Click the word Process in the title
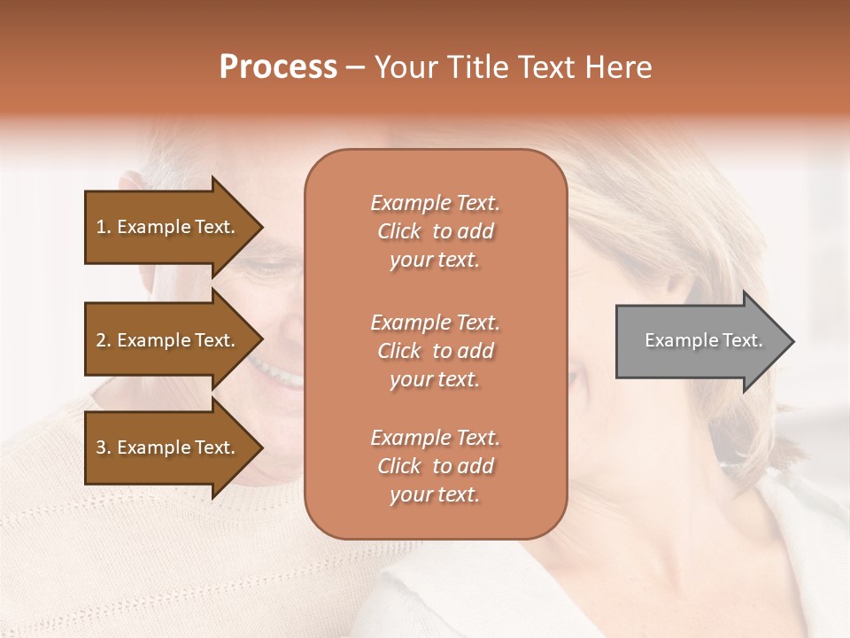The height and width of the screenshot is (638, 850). tap(278, 67)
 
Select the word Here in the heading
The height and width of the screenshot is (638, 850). tap(619, 67)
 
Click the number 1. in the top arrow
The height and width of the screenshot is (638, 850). tap(104, 228)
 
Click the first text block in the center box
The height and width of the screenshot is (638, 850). tap(435, 231)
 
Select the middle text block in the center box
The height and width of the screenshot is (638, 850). tap(435, 351)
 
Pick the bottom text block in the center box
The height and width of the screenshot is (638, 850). tap(435, 466)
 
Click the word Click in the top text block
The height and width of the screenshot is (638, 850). tap(399, 231)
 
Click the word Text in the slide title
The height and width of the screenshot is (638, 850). tap(543, 67)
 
